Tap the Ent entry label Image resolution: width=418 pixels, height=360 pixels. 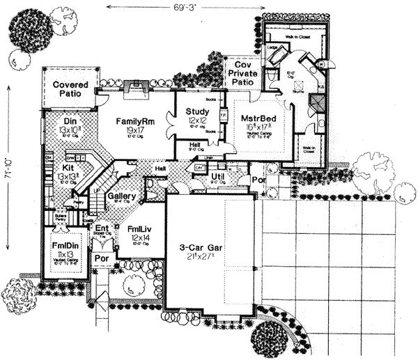[x=102, y=228]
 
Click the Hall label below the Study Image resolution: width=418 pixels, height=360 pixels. [x=196, y=146]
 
